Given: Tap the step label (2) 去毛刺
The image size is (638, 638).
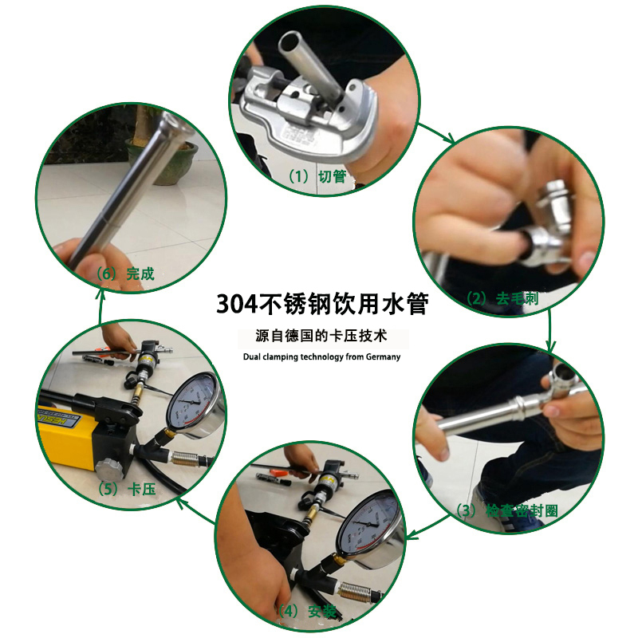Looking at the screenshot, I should pyautogui.click(x=507, y=298).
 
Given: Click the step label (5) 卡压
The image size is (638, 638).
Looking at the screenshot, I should pyautogui.click(x=125, y=490).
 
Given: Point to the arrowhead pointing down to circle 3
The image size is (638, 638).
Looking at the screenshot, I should pyautogui.click(x=550, y=348).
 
